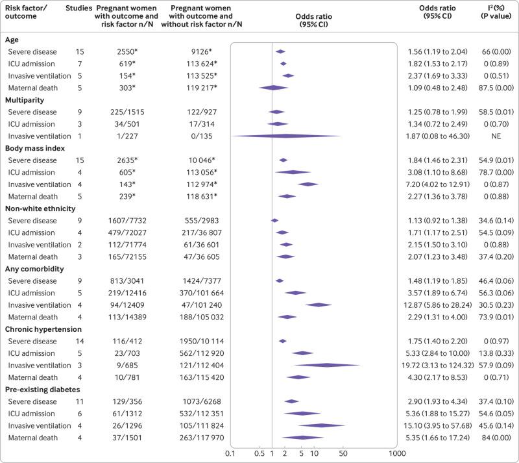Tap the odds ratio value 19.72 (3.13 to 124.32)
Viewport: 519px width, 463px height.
439,365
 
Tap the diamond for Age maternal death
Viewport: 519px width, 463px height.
273,88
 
